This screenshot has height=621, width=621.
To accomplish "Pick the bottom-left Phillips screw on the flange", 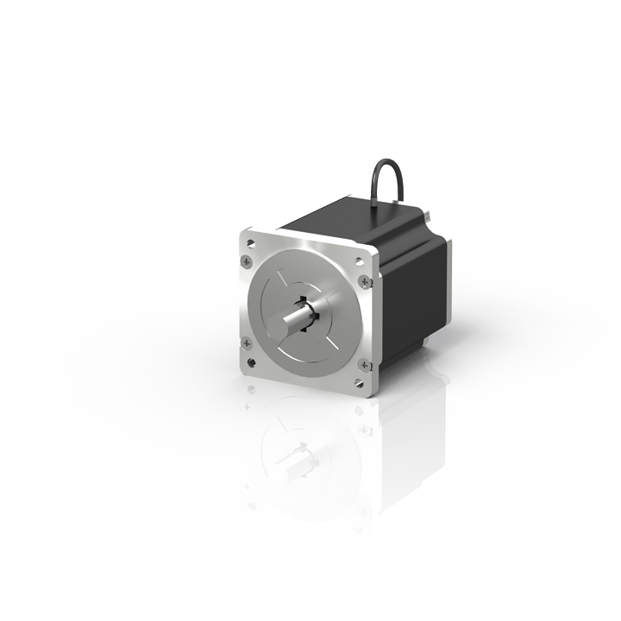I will tap(248, 344).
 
